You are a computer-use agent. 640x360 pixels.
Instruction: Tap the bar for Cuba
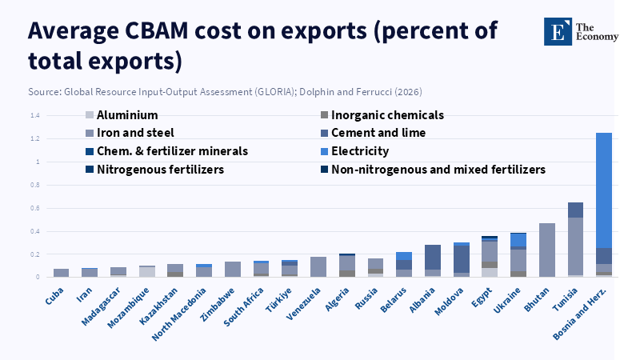tap(61, 273)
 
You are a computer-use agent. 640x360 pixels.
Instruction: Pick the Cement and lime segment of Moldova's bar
tap(461, 259)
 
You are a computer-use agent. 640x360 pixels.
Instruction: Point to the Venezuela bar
tap(318, 266)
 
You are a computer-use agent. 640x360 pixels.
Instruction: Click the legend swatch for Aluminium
tap(90, 115)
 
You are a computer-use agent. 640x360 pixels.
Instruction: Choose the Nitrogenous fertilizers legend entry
tap(160, 170)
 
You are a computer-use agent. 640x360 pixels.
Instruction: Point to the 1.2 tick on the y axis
tap(34, 138)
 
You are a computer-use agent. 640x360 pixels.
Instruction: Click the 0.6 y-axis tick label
tap(34, 208)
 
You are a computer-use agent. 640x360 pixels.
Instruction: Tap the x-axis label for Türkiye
tap(280, 295)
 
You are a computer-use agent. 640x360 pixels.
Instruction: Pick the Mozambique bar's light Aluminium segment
tap(146, 272)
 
